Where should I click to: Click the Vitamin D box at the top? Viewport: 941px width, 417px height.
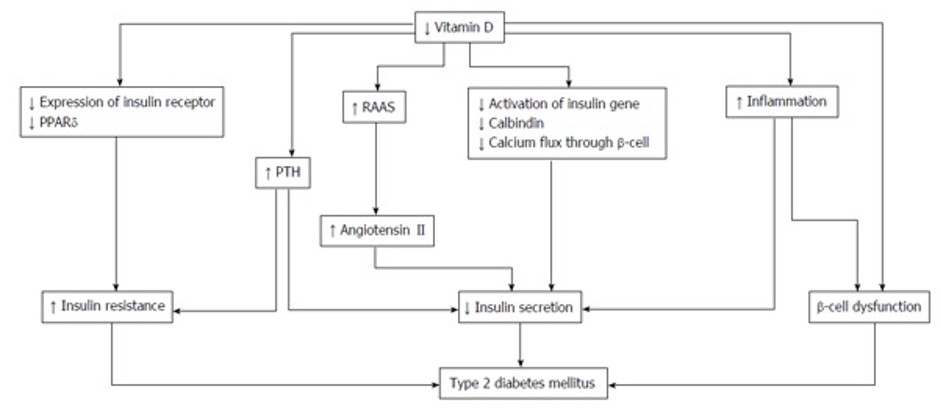[x=460, y=27]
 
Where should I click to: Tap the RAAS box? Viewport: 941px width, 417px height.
[x=374, y=107]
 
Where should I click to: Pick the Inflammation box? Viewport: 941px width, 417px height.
[x=782, y=102]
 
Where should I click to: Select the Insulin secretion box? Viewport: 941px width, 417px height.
[x=520, y=307]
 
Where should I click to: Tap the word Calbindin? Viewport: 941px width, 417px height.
[x=516, y=123]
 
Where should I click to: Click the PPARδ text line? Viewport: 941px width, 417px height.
[x=53, y=122]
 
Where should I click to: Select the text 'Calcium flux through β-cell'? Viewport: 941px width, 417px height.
[x=569, y=143]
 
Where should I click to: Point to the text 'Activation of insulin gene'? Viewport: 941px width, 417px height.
[x=564, y=104]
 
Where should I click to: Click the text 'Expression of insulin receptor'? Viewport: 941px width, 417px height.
[x=127, y=102]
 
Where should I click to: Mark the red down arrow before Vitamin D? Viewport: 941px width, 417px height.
[x=427, y=28]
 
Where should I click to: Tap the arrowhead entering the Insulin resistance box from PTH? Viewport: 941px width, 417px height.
[x=177, y=311]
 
